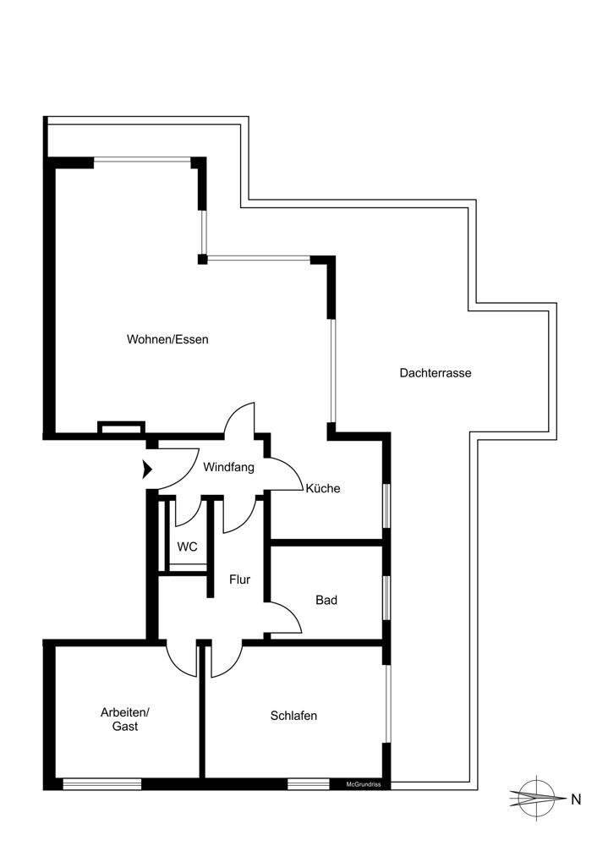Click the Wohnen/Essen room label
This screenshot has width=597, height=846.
point(167,339)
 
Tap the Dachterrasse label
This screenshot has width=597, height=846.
point(435,372)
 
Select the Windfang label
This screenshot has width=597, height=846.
point(228,466)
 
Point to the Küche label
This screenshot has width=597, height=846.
point(323,488)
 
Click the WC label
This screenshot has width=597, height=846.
point(187,547)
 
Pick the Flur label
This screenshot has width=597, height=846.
point(239,580)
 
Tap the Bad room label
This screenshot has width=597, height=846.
point(326,600)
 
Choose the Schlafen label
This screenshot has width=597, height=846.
point(293,716)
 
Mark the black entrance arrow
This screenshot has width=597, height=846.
point(147,468)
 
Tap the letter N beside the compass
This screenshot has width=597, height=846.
point(576,798)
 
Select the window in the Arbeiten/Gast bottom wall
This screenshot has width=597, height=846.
point(102,784)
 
